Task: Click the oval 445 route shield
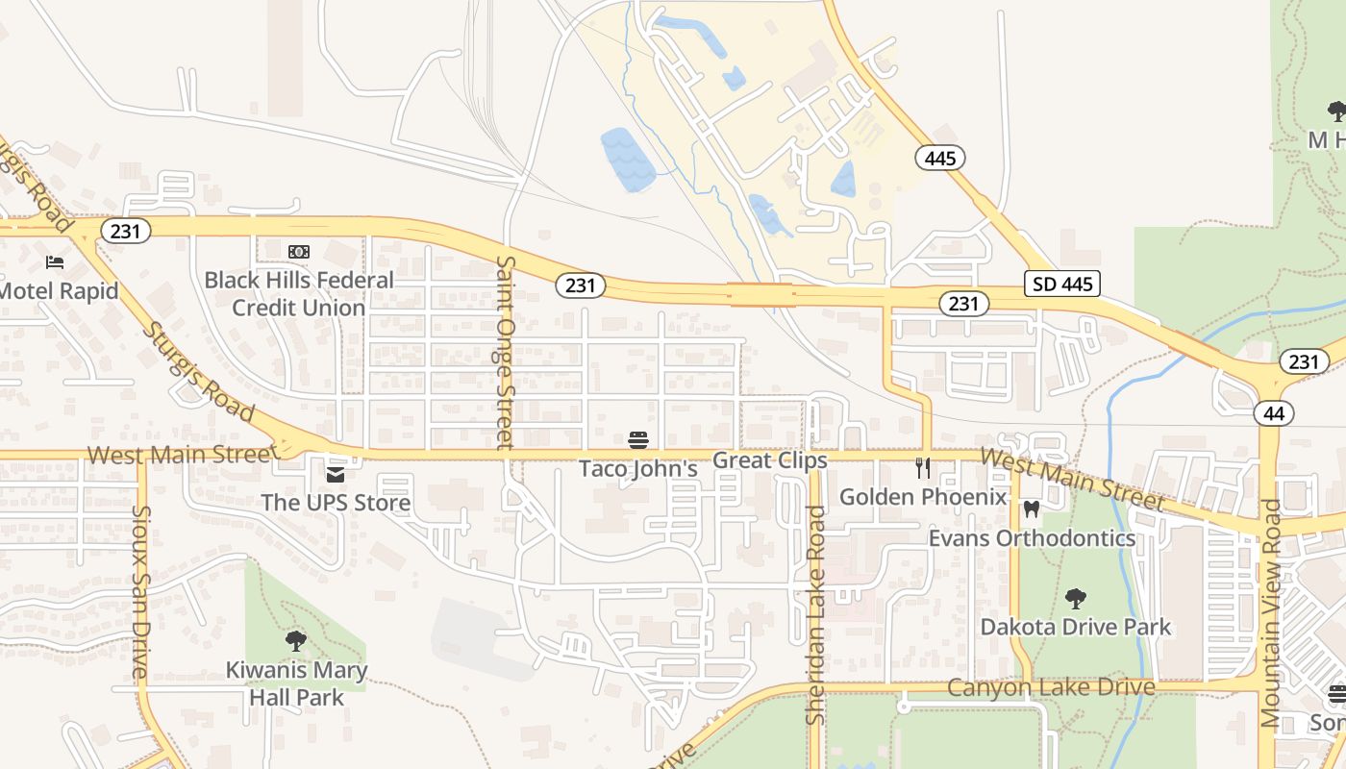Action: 939,158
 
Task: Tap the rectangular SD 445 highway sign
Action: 1061,284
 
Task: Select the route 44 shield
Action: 1274,413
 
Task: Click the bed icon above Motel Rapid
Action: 55,262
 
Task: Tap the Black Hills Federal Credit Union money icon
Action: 299,252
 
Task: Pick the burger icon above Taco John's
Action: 638,441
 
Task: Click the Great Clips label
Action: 769,460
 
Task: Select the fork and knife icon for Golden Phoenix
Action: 923,469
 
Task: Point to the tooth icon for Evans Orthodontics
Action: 1032,509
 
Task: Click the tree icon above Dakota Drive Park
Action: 1075,599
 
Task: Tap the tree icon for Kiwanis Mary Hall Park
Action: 296,641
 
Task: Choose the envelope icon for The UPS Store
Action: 336,475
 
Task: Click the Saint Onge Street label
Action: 505,352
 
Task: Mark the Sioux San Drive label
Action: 141,593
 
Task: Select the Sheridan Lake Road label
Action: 816,615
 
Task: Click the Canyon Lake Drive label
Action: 1051,687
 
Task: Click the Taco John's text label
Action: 637,469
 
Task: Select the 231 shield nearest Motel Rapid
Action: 127,231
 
